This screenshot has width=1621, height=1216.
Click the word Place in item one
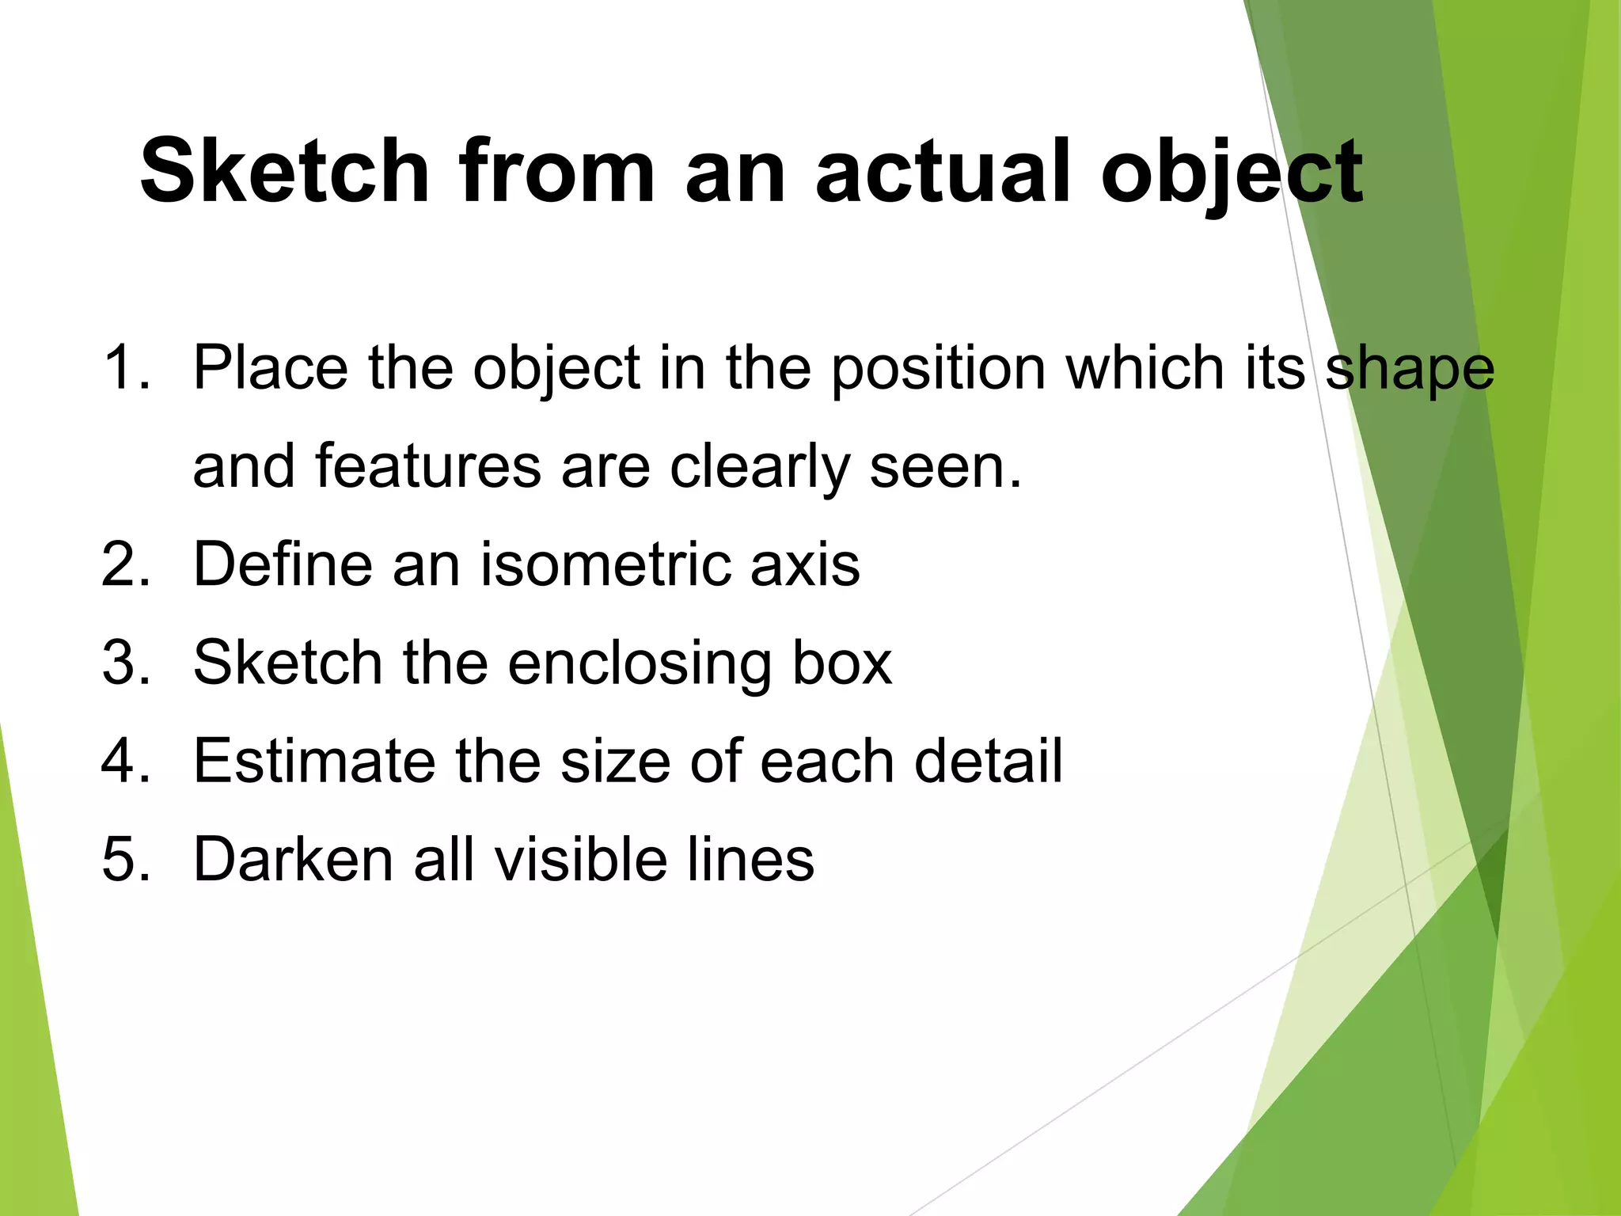click(x=270, y=368)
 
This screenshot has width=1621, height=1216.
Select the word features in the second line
click(x=428, y=466)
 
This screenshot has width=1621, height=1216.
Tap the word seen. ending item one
click(x=946, y=468)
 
